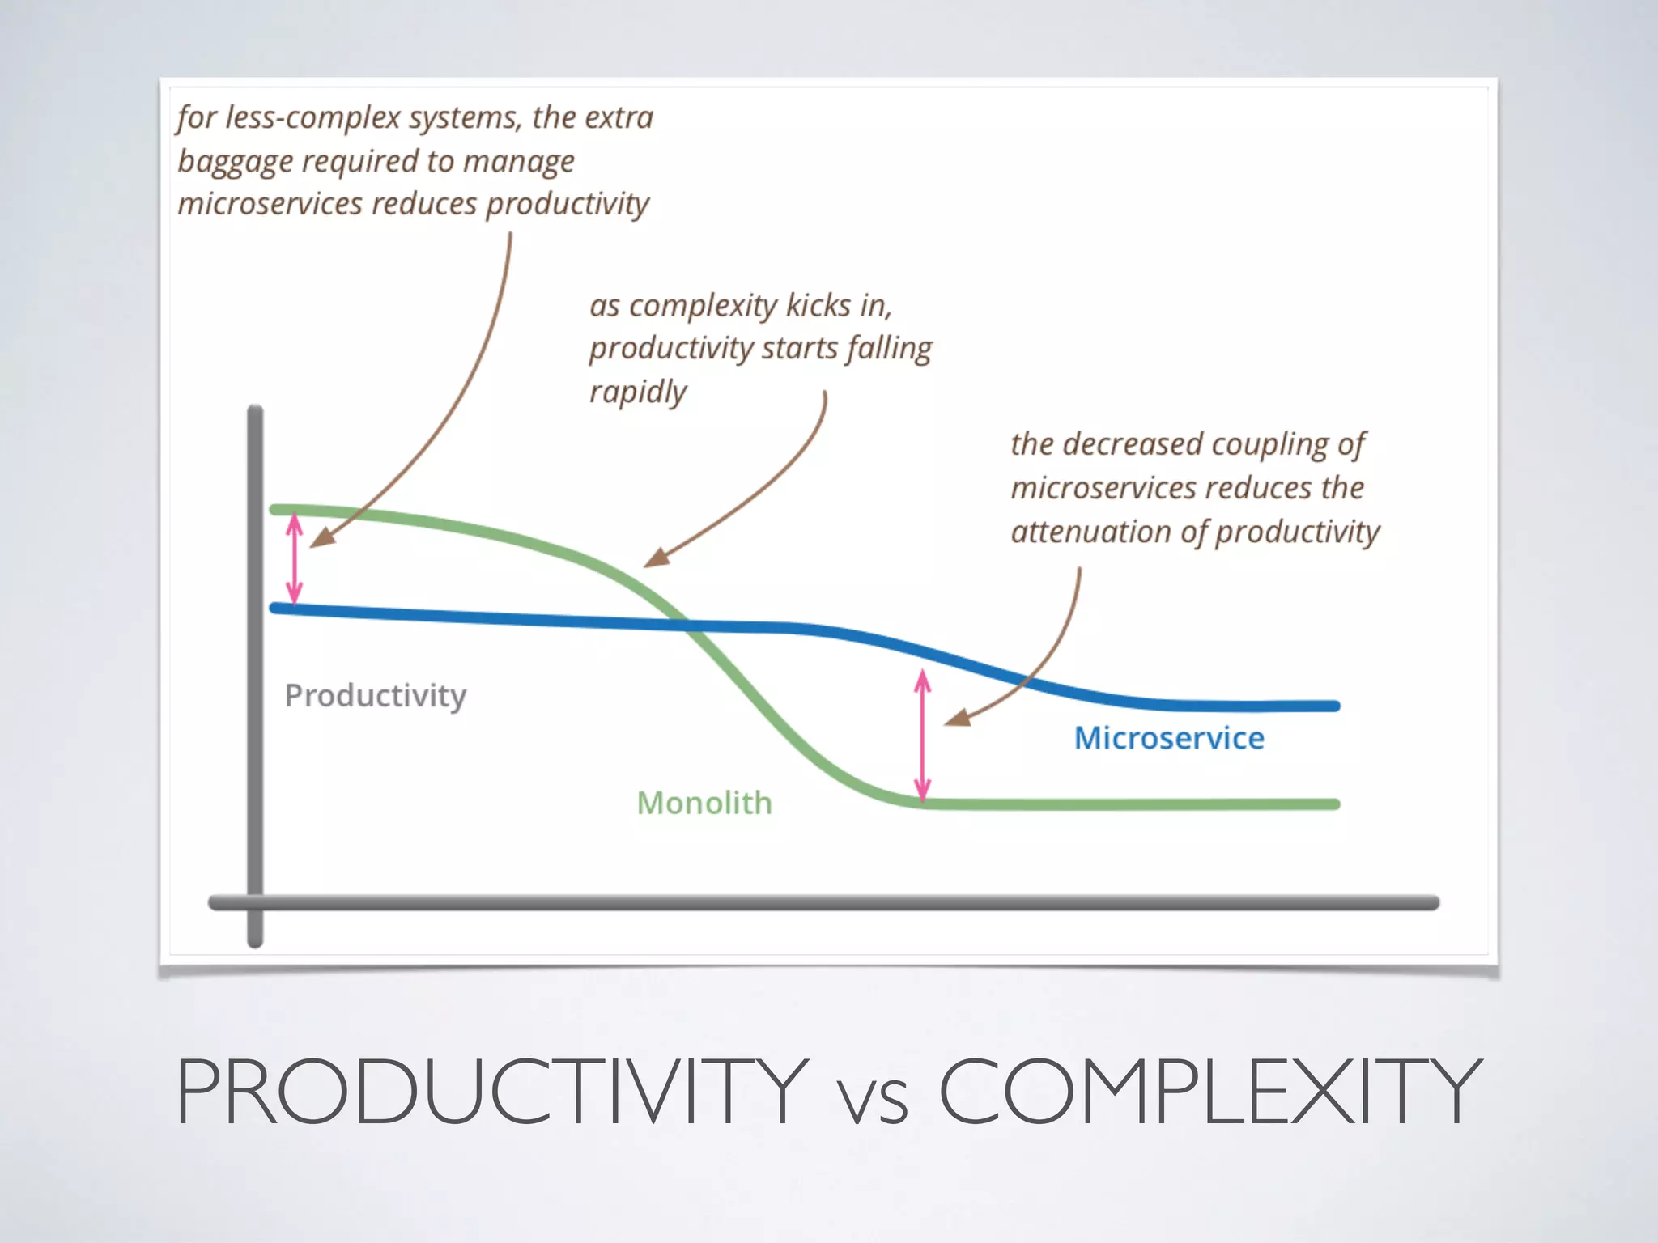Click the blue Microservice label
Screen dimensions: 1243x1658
[x=1168, y=738]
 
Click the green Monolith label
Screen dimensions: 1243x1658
[x=704, y=803]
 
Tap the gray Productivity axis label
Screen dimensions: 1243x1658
[x=375, y=695]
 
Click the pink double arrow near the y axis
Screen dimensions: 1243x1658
[x=295, y=559]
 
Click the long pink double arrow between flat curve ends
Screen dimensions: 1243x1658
[x=922, y=735]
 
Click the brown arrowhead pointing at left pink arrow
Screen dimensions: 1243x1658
[x=322, y=537]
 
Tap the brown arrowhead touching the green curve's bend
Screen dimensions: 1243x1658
[x=657, y=558]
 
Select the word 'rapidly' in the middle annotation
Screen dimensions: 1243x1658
[x=637, y=392]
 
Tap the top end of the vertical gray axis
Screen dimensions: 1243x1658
[x=255, y=411]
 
